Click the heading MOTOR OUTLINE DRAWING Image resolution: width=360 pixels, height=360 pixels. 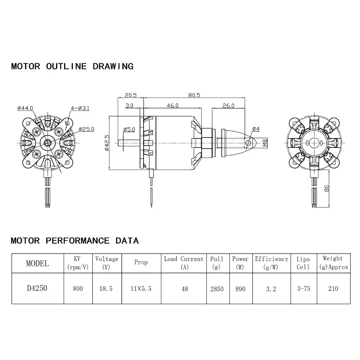(x=72, y=66)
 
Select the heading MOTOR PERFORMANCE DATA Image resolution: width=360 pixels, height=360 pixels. (x=75, y=240)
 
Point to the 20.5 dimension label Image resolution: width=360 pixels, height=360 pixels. (x=131, y=95)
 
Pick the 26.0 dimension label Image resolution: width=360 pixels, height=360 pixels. (x=228, y=105)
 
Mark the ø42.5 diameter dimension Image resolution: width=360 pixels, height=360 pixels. (x=107, y=143)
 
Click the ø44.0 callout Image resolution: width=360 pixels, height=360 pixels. (x=25, y=108)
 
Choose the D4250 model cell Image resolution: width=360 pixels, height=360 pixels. (x=37, y=288)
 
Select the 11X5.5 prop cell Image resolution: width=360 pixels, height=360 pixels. (x=141, y=288)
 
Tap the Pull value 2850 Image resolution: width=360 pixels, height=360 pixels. (x=217, y=288)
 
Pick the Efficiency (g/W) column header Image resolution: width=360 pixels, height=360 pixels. (x=271, y=263)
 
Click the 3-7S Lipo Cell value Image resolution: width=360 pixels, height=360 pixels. (x=303, y=288)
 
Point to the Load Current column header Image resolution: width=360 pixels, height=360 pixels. (x=184, y=263)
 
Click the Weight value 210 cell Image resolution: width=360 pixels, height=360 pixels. (x=333, y=288)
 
